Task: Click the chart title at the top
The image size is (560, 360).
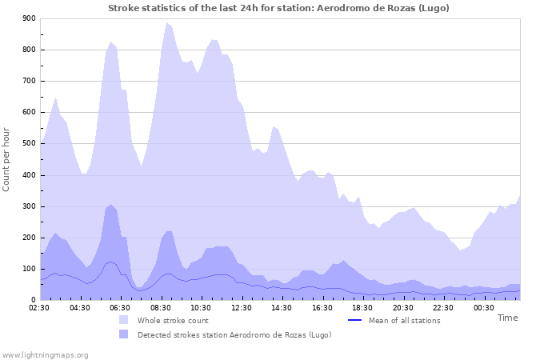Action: pos(279,8)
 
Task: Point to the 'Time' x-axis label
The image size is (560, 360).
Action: pos(507,318)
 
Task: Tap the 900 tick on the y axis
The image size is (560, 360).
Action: pos(29,18)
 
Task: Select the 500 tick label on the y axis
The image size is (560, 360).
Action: pos(29,144)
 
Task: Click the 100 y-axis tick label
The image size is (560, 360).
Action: pos(29,269)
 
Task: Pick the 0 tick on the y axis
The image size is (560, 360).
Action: pos(34,300)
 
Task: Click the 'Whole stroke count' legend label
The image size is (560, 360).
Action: pos(173,321)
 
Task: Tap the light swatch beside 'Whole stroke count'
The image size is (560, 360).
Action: pos(123,321)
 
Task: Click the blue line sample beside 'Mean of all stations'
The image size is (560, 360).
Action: pos(355,321)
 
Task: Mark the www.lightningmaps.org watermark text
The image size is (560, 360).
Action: pos(45,354)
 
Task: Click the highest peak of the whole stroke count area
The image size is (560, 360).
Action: pos(166,22)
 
